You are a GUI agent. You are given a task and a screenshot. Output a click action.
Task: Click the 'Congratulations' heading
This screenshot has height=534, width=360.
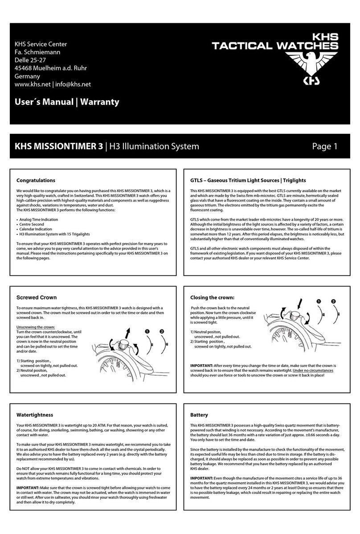tap(36, 181)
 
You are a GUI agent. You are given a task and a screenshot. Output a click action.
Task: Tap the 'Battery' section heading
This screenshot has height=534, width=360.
tap(199, 415)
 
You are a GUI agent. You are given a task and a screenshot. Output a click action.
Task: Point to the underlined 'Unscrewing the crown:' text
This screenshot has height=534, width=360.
tap(36, 327)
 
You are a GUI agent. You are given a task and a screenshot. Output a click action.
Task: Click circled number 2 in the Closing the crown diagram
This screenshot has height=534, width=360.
tap(334, 301)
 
